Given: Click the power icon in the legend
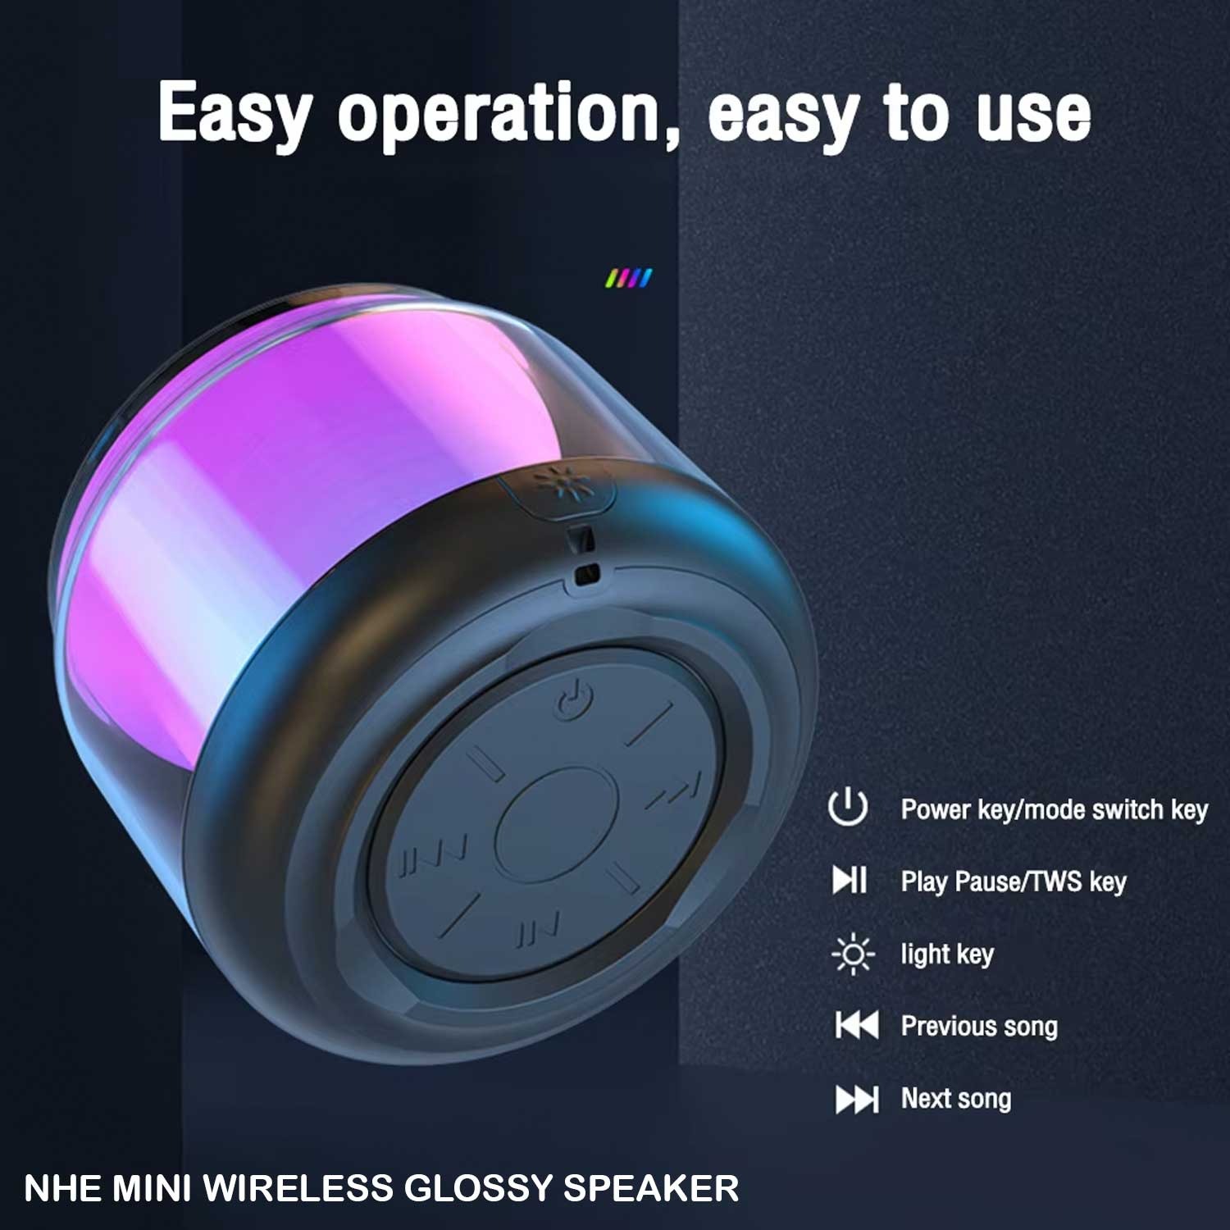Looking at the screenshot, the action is pos(848,808).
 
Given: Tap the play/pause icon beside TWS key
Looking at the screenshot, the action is pos(850,880).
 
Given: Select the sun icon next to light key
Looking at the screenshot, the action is pos(853,954).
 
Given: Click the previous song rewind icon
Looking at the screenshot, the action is pos(857,1025).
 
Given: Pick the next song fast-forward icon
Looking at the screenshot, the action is pos(857,1099).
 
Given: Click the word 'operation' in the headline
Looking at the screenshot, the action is pos(508,116).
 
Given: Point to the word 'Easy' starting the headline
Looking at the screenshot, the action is pos(235,113).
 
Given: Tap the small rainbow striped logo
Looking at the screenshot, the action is pos(629,279).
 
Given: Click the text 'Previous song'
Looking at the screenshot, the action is pos(979,1026).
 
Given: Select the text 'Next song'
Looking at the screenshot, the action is pos(956,1099).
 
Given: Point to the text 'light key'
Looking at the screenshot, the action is pos(947,954).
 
